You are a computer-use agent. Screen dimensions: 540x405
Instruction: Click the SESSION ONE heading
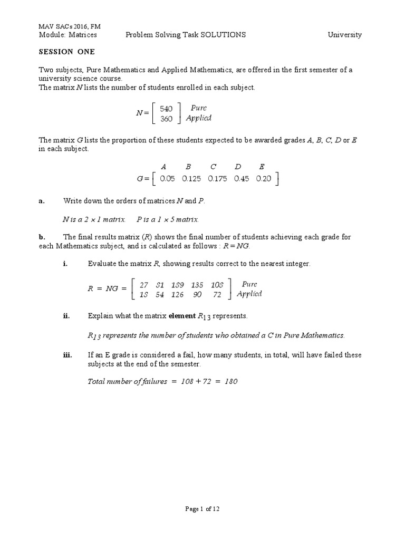[x=66, y=52]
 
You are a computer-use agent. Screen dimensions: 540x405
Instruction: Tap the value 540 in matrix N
[x=166, y=109]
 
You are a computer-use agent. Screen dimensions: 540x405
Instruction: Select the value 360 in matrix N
[x=166, y=119]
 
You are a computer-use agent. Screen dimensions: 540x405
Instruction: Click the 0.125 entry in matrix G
[x=191, y=179]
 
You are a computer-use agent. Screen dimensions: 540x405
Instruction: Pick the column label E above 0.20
[x=262, y=167]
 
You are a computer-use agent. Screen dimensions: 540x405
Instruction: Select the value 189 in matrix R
[x=178, y=285]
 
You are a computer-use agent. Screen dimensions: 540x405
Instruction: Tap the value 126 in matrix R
[x=177, y=295]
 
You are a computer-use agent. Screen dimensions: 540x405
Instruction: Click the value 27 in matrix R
[x=143, y=285]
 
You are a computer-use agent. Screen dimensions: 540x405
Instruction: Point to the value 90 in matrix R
[x=198, y=295]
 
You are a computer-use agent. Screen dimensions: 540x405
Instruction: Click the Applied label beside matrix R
[x=249, y=294]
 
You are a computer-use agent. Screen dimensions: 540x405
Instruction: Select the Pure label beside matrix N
[x=199, y=108]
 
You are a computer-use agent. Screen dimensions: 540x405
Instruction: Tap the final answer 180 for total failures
[x=231, y=381]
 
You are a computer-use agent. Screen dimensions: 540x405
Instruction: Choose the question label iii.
[x=67, y=355]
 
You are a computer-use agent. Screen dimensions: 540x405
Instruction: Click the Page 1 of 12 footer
[x=202, y=509]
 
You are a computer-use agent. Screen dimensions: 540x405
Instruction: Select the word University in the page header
[x=344, y=35]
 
